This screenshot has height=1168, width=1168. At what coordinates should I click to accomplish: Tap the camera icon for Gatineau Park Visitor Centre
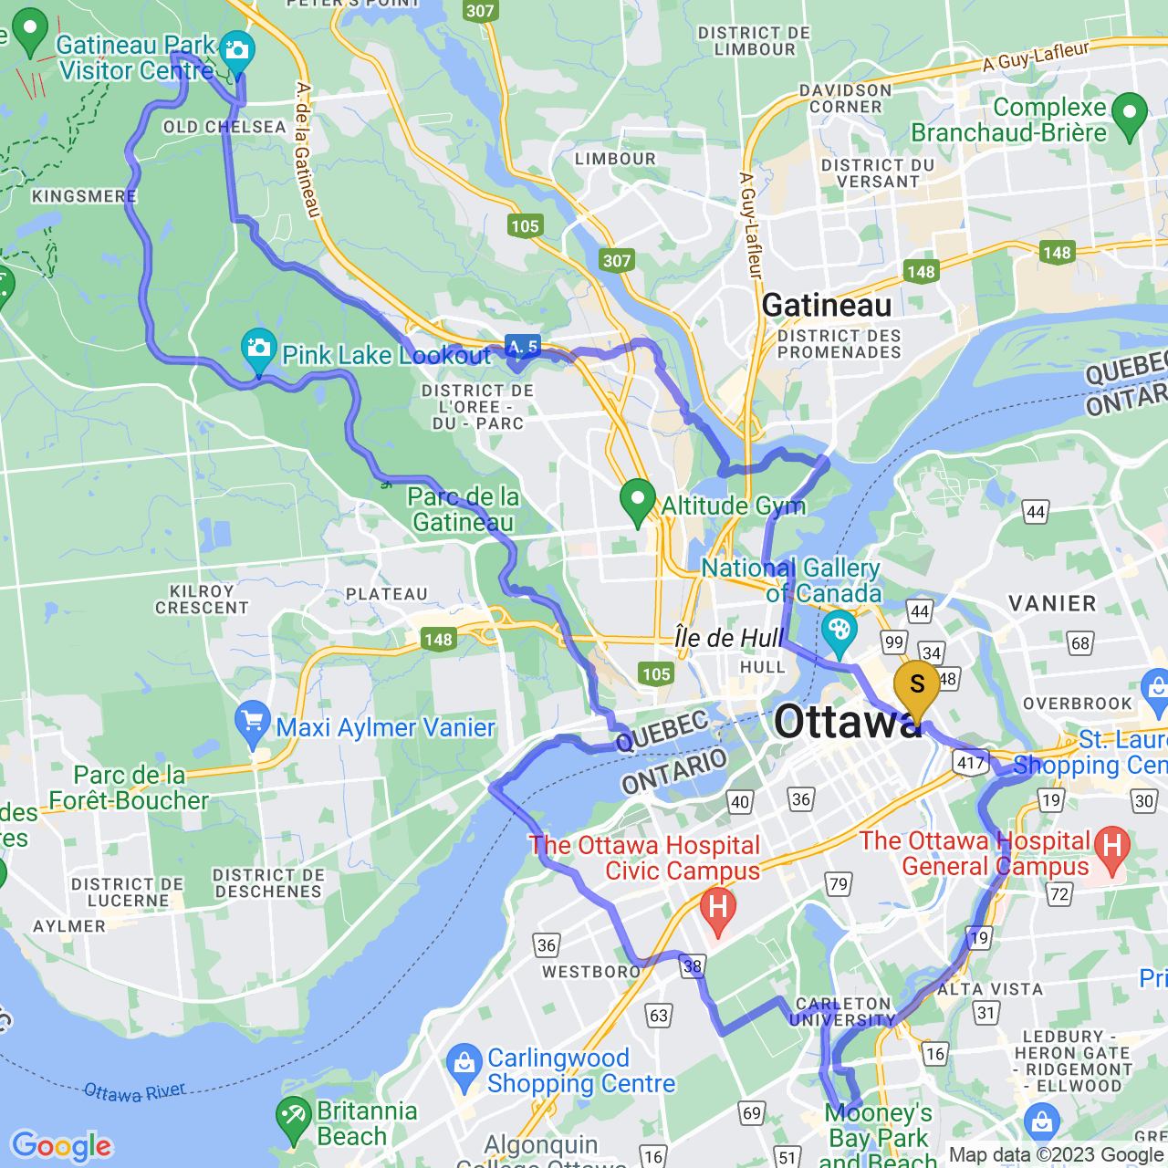tap(237, 50)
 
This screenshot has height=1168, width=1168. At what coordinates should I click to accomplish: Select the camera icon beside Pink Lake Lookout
tap(259, 349)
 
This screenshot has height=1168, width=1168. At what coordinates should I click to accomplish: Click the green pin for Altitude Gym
tap(638, 500)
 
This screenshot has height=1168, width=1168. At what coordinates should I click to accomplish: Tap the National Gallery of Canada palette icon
tap(839, 630)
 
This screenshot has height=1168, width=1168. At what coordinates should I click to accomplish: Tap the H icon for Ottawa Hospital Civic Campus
tap(718, 909)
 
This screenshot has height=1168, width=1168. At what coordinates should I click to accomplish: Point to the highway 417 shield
tap(971, 763)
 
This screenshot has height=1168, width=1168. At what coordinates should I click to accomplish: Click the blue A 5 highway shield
tap(523, 347)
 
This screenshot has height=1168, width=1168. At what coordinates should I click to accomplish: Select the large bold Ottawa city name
tap(847, 723)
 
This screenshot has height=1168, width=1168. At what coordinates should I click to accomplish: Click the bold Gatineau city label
tap(827, 306)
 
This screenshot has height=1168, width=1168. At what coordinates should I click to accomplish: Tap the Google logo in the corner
tap(62, 1146)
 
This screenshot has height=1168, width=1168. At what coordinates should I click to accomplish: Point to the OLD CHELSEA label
tap(224, 127)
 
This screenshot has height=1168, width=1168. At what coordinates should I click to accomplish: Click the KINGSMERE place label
tap(84, 196)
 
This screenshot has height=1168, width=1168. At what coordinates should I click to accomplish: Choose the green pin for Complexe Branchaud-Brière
tap(1130, 114)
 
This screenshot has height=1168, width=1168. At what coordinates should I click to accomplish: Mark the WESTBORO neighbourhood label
tap(591, 972)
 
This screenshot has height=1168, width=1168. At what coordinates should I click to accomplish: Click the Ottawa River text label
tap(135, 1091)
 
